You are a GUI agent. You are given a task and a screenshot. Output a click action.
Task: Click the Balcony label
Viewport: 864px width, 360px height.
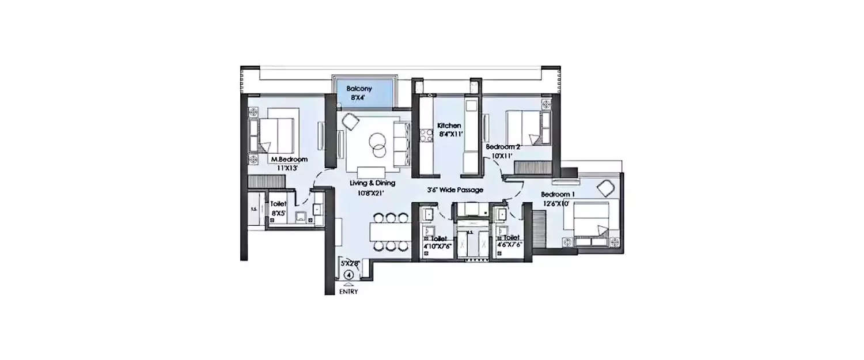click(x=359, y=89)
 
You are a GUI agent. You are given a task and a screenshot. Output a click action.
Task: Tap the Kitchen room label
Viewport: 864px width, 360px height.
click(x=449, y=126)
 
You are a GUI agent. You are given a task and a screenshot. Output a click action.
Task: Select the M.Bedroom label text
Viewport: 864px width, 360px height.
click(x=289, y=160)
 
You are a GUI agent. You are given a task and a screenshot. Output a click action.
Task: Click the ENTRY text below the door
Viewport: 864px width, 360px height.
click(x=348, y=291)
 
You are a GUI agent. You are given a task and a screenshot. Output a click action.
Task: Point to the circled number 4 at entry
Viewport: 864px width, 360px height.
click(x=348, y=275)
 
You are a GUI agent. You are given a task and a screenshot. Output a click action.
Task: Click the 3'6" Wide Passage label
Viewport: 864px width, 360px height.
click(x=454, y=190)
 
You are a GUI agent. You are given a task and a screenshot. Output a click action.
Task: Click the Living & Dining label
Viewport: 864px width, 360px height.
click(x=373, y=183)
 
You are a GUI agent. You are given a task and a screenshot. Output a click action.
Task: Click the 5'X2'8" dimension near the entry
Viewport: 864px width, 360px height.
click(x=350, y=263)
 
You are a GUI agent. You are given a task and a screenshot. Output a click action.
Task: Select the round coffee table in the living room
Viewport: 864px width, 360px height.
click(x=378, y=144)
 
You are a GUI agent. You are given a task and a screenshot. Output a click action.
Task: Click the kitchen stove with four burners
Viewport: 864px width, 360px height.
click(x=427, y=136)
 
